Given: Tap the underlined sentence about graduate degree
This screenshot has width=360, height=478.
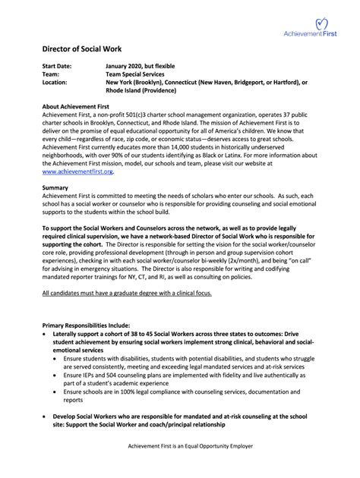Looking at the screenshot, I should click(x=127, y=292).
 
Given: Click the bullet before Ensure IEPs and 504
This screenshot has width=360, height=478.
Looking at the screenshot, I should click(x=57, y=375).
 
